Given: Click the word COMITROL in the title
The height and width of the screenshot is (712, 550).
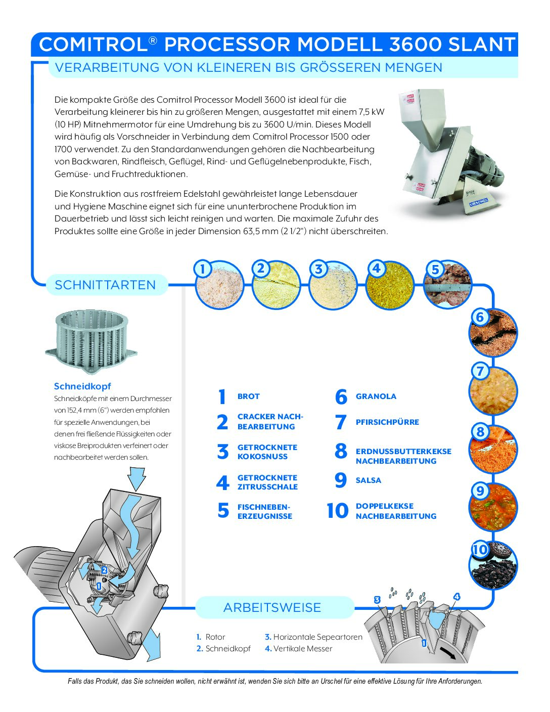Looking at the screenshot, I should click(x=93, y=45).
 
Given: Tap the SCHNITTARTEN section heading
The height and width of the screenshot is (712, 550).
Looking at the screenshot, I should click(x=105, y=285).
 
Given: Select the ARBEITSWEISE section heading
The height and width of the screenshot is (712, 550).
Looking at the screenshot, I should click(x=272, y=607).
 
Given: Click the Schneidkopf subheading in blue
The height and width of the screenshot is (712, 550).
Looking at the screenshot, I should click(x=82, y=386).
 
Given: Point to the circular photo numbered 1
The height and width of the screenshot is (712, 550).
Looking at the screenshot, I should click(x=219, y=285).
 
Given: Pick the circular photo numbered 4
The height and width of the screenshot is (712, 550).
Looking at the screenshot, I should click(x=389, y=285).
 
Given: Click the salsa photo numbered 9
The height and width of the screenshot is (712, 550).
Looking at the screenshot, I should click(x=493, y=507).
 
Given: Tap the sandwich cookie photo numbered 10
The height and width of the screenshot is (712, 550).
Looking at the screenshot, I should click(x=493, y=565).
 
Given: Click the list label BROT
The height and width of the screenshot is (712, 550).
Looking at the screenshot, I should click(x=248, y=396).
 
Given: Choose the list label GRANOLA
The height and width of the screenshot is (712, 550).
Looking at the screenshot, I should click(x=376, y=396).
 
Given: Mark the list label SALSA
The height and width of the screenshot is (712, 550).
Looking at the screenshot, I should click(x=368, y=480).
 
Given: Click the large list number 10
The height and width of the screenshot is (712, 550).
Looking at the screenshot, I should click(x=337, y=511).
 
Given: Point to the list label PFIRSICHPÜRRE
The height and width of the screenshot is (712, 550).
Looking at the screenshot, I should click(x=387, y=422).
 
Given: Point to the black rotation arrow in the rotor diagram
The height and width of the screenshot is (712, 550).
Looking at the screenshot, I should click(x=450, y=653).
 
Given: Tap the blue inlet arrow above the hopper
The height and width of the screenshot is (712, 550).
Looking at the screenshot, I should click(x=136, y=477).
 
